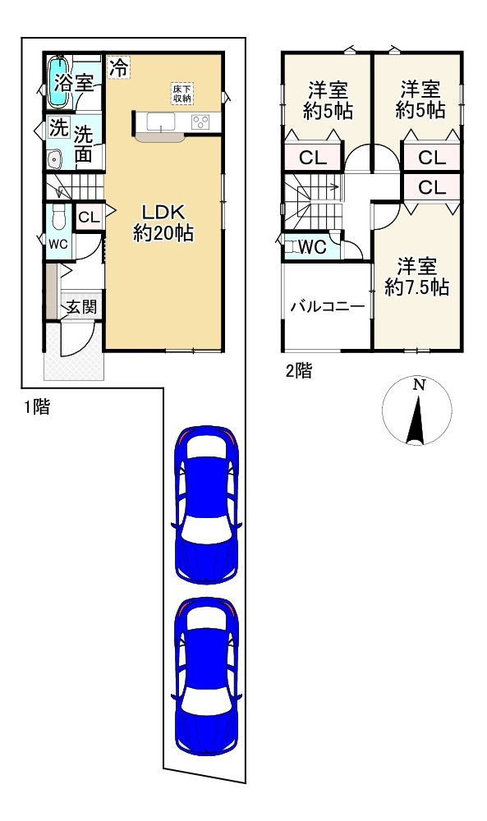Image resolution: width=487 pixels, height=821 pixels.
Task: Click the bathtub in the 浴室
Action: click(57, 81)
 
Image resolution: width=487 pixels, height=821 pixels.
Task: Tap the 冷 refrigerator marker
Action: click(119, 67)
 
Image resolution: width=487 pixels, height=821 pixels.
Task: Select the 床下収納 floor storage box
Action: click(182, 93)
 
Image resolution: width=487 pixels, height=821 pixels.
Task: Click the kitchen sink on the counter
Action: click(161, 122)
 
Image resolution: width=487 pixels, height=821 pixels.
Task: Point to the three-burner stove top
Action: click(200, 122)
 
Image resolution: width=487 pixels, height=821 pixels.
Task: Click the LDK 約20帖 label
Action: click(163, 223)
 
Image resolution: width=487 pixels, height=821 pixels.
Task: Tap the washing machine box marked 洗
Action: click(58, 128)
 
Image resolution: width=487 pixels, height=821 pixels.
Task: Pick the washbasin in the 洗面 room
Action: click(54, 158)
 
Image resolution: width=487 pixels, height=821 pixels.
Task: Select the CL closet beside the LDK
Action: click(89, 218)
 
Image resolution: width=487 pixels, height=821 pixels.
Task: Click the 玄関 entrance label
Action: click(80, 307)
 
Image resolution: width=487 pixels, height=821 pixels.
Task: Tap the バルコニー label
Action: click(328, 306)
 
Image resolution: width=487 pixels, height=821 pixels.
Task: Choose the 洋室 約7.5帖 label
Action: click(417, 277)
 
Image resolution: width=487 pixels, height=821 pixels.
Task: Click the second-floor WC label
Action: click(313, 246)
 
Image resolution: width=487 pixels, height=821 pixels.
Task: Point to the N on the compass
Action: click(418, 385)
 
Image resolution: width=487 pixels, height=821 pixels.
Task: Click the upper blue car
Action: click(206, 504)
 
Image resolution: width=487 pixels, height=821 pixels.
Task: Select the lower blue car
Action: click(206, 676)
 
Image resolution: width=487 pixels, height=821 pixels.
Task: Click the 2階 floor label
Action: click(299, 371)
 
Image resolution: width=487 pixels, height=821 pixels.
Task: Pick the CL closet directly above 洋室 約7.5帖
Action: click(432, 187)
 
